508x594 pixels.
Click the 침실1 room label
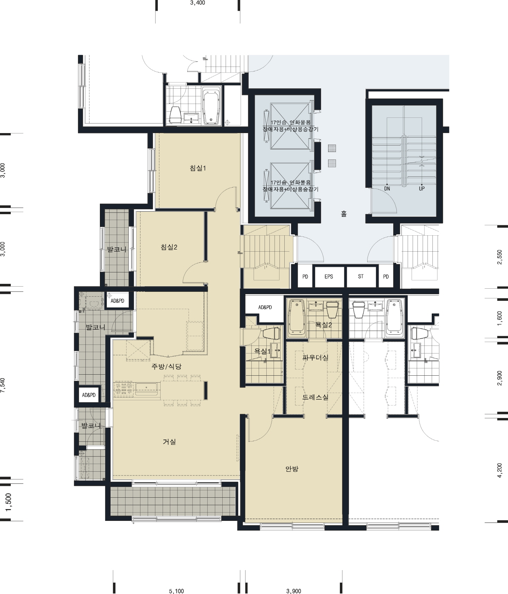(198, 168)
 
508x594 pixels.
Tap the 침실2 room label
(169, 247)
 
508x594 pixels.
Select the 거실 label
(169, 442)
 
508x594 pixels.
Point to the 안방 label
(292, 469)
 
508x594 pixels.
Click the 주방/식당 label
(166, 366)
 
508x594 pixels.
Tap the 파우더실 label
(315, 357)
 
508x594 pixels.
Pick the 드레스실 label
(315, 397)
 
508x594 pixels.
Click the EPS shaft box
(329, 277)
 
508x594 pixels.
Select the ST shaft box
(361, 277)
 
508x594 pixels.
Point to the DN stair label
(387, 189)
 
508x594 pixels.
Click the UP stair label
(422, 189)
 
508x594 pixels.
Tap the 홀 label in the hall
(344, 214)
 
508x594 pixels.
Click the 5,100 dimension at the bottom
(176, 591)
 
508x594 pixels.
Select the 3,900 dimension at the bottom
(294, 591)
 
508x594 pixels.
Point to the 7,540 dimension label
(3, 385)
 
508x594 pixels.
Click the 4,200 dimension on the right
(499, 470)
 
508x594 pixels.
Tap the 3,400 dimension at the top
(198, 3)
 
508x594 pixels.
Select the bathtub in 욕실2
(297, 318)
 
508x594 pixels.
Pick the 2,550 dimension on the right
(499, 257)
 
